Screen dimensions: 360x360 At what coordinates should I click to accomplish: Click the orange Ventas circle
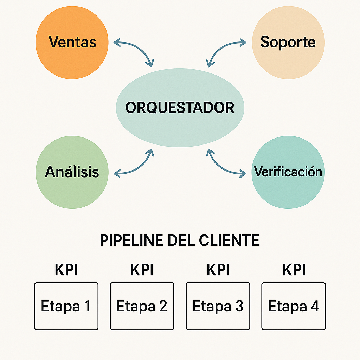pos(72,43)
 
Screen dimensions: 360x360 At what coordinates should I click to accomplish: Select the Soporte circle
pos(288,43)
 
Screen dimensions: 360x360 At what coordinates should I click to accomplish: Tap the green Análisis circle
pos(72,172)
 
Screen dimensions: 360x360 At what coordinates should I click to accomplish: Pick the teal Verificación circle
pos(288,172)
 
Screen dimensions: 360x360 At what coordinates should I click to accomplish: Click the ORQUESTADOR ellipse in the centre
pos(180,107)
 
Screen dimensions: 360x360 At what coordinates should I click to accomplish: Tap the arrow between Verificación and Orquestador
pos(224,165)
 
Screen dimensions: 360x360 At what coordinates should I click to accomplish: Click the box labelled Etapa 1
pos(66,306)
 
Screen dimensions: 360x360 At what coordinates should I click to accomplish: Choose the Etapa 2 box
pos(142,306)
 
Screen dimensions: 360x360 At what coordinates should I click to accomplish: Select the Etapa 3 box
pos(218,306)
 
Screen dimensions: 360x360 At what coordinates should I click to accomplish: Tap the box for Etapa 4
pos(294,306)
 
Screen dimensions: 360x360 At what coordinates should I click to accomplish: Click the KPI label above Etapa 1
pos(66,270)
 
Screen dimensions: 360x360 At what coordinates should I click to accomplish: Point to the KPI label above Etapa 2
pos(142,270)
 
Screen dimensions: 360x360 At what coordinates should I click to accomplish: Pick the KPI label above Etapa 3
pos(218,270)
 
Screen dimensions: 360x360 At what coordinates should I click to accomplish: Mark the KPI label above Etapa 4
pos(294,270)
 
